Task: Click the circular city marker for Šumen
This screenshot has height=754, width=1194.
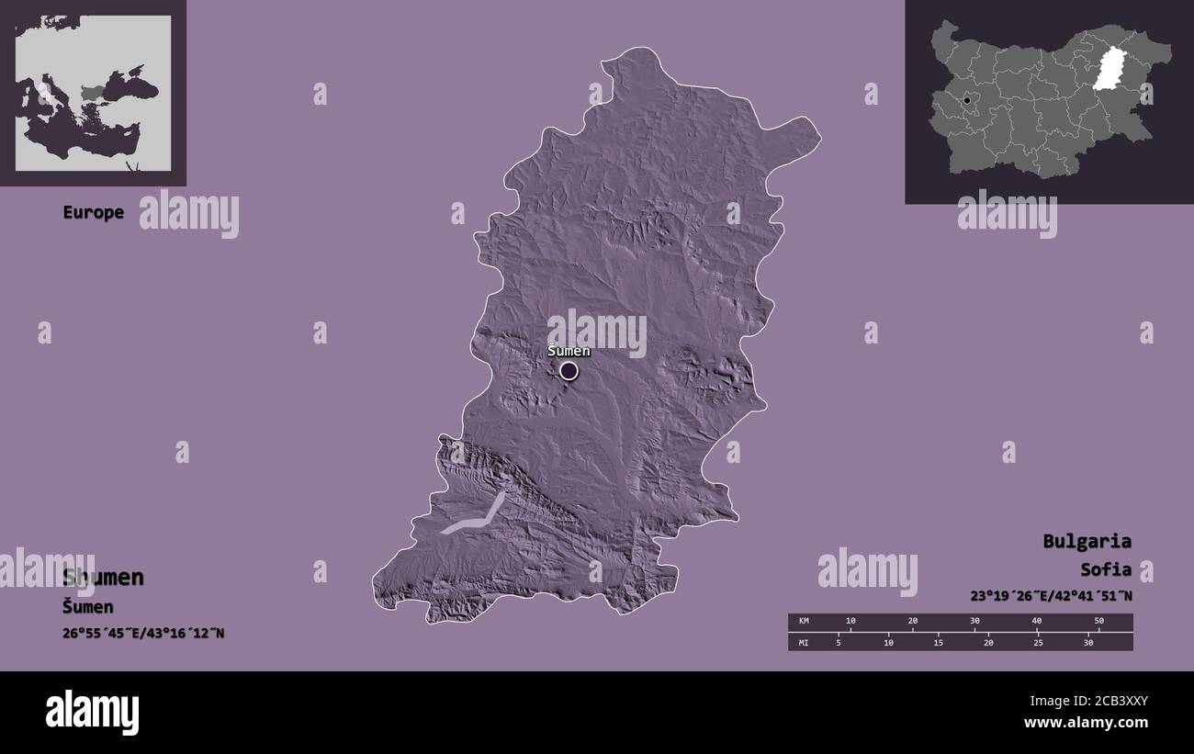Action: (x=569, y=371)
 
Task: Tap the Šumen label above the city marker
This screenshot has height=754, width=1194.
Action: (x=569, y=351)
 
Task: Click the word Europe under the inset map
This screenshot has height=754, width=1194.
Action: (x=93, y=213)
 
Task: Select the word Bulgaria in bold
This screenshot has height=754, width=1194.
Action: (x=1087, y=541)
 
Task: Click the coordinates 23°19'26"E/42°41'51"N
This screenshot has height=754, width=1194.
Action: (x=1051, y=595)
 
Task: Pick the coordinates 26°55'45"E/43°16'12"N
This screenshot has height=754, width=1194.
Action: (x=143, y=634)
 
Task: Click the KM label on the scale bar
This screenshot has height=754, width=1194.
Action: (x=804, y=622)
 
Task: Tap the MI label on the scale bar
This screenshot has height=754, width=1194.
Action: (x=804, y=642)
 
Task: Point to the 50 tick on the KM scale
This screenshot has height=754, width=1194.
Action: (x=1098, y=622)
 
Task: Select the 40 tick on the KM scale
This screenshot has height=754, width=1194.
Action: (x=1037, y=622)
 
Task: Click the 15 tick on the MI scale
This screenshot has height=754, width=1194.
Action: (x=938, y=642)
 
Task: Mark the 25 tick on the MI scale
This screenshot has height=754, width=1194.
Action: (x=1038, y=642)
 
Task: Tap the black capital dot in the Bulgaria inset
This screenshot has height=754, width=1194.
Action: (x=966, y=99)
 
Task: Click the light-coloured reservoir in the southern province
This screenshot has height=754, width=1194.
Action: (x=478, y=519)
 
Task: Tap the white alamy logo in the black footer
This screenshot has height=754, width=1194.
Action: (x=92, y=713)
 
